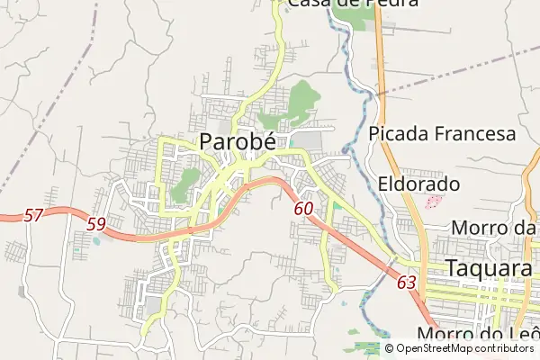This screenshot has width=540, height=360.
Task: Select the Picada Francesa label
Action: click(x=442, y=134)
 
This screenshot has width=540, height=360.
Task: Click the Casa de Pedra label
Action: click(x=353, y=4)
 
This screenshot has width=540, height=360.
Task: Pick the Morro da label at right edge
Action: click(x=493, y=227)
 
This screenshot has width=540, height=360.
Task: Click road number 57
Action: click(x=33, y=215)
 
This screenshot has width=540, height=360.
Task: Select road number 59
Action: click(x=96, y=223)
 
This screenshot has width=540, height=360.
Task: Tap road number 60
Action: click(x=303, y=209)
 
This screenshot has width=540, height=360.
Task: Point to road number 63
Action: click(x=406, y=283)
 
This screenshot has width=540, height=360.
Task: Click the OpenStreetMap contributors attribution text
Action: click(x=465, y=348)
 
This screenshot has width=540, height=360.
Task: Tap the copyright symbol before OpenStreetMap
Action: click(x=390, y=348)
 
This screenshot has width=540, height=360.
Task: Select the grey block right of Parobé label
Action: click(x=307, y=142)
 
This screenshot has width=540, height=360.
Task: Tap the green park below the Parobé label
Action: click(x=186, y=184)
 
